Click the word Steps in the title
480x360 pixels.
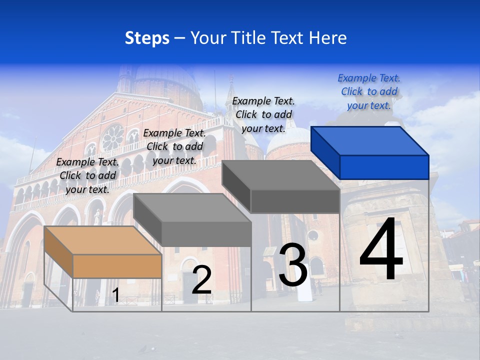point(147,38)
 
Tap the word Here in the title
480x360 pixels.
point(327,38)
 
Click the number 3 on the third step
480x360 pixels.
point(292,265)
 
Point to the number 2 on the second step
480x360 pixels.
point(201,280)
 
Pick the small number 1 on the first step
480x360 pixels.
point(115,295)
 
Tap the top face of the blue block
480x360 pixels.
point(370,140)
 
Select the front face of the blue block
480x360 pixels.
point(384,167)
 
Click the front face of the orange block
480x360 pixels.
point(117,266)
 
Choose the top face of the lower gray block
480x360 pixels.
point(192,207)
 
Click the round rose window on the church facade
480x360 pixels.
point(112,137)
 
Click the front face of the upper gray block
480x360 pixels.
point(295,201)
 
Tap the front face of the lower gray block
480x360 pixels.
point(206,234)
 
